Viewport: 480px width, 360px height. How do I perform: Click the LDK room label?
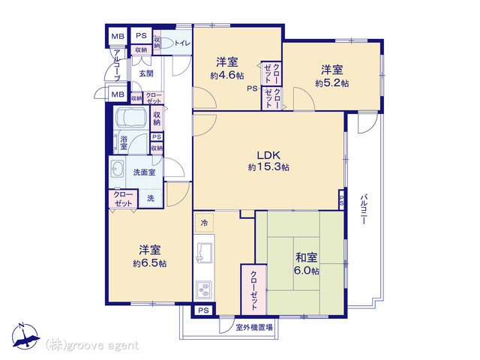pos(268,155)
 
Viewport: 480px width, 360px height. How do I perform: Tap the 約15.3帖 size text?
pos(268,167)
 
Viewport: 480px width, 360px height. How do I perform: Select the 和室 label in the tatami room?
pos(306,258)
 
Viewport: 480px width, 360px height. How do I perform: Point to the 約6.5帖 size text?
pos(150,263)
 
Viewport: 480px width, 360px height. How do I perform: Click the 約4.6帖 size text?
pos(226,75)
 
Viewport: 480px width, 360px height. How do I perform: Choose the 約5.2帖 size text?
pos(331,83)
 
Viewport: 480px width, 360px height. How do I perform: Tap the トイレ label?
pos(183,43)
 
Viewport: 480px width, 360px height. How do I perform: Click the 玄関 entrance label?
pos(146,73)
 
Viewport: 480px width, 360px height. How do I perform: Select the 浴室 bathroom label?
pos(124,142)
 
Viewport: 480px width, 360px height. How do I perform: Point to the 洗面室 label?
pos(144,172)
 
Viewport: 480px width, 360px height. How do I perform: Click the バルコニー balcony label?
pos(363,209)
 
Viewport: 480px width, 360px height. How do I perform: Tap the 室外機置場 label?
pos(253,328)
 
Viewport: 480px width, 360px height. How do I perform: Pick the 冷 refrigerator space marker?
pos(204,223)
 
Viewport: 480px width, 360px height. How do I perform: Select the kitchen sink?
pos(204,252)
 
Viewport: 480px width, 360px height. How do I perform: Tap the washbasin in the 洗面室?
pos(117,169)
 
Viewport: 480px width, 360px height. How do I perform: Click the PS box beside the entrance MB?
pos(141,36)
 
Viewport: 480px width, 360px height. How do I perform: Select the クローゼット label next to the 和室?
pos(253,290)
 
